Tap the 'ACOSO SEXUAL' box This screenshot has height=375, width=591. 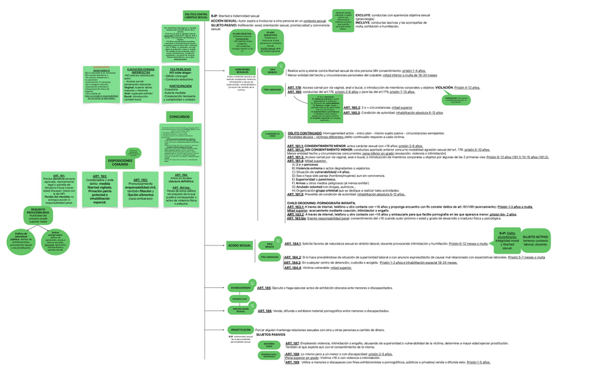pyautogui.click(x=239, y=245)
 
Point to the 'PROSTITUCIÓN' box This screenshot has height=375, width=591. pyautogui.click(x=240, y=330)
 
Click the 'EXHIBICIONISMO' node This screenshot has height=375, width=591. pyautogui.click(x=240, y=287)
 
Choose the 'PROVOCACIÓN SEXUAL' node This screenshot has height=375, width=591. pyautogui.click(x=240, y=310)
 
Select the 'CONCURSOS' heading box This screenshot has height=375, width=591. pyautogui.click(x=179, y=116)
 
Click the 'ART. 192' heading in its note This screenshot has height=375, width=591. pyautogui.click(x=99, y=177)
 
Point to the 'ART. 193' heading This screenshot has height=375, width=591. pyautogui.click(x=140, y=180)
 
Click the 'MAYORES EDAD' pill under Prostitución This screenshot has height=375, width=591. pyautogui.click(x=269, y=344)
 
